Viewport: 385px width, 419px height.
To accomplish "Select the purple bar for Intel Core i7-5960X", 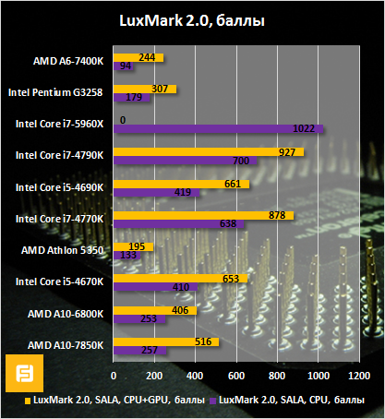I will point(217,129).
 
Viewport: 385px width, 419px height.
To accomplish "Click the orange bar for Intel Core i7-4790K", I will point(208,150).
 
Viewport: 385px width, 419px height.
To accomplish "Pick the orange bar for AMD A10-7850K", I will point(166,341).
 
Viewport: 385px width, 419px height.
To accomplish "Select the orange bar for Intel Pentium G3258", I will point(145,88).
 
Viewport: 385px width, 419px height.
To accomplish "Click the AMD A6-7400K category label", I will point(68,61).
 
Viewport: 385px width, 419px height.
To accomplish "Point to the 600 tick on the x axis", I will point(236,377).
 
